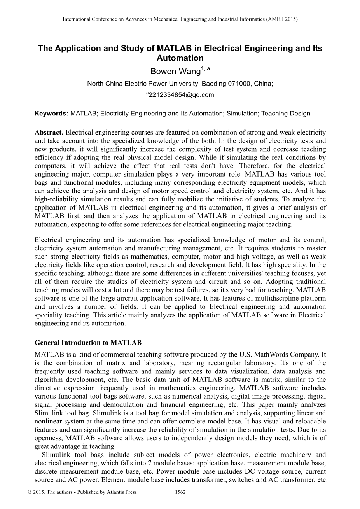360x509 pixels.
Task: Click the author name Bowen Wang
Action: [175, 72]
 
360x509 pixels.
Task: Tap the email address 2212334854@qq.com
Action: [181, 94]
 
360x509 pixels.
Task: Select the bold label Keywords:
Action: [52, 114]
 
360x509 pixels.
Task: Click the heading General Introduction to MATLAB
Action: [88, 343]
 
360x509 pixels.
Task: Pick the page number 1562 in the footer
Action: [180, 492]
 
